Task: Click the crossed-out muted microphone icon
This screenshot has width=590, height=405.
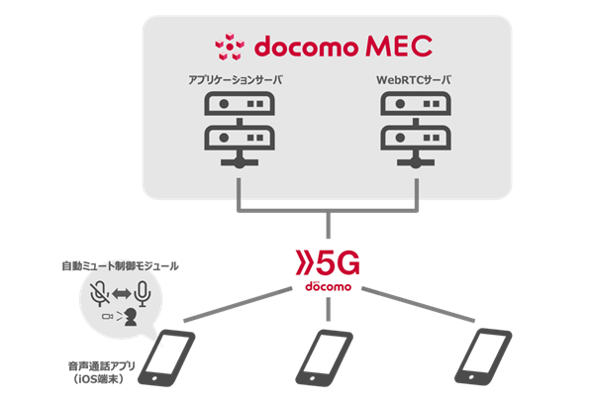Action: click(x=97, y=293)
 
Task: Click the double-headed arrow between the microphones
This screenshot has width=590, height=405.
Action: click(x=121, y=294)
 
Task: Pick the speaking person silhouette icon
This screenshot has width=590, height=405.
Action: click(x=129, y=317)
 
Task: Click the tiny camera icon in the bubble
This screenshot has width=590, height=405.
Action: click(x=107, y=317)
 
